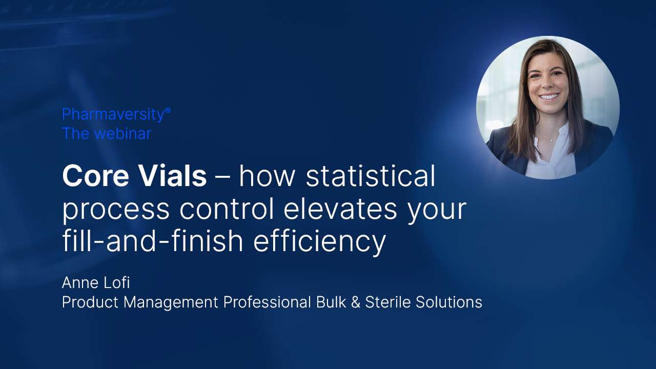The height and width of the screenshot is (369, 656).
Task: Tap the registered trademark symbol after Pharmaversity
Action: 168,111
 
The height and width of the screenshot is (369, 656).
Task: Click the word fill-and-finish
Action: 153,241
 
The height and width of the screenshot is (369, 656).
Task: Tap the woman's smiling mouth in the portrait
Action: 549,96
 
